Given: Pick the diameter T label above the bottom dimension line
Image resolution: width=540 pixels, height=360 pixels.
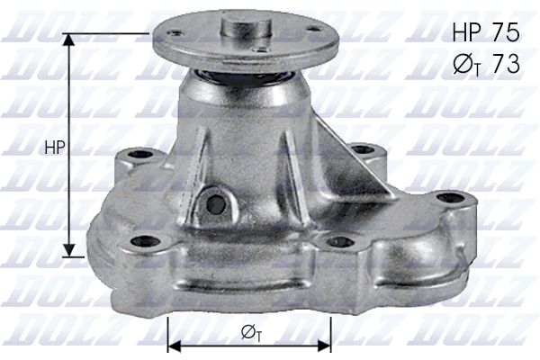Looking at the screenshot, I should click(x=252, y=335).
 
